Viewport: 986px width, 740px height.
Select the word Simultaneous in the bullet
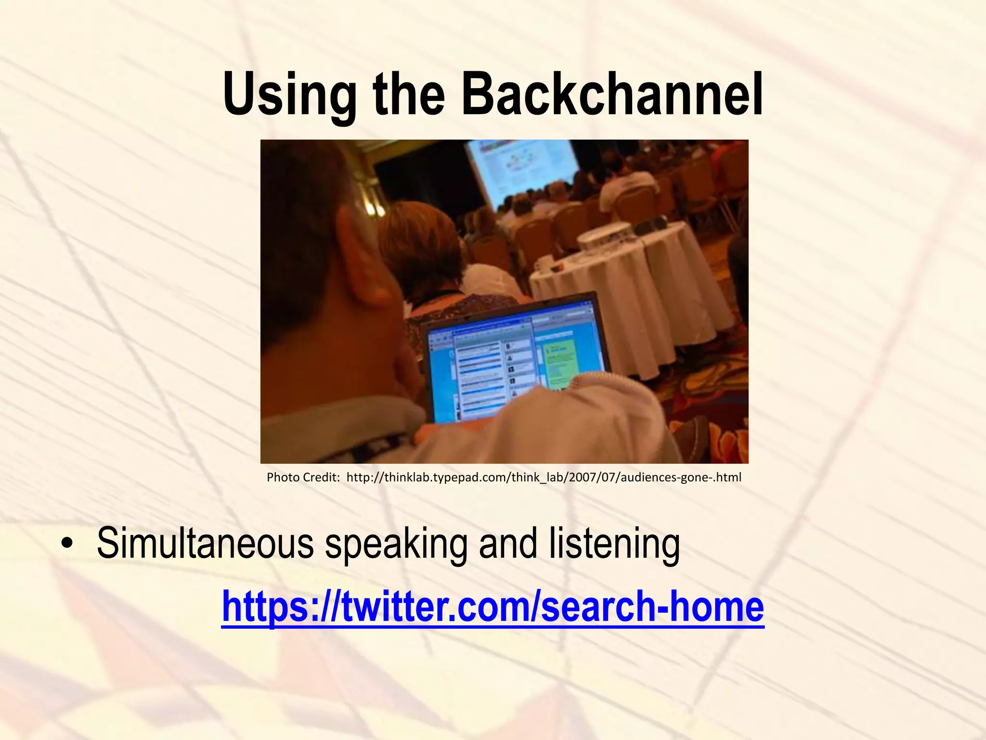pyautogui.click(x=205, y=543)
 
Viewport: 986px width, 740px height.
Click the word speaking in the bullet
pyautogui.click(x=396, y=543)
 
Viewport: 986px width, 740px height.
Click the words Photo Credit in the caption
pyautogui.click(x=303, y=477)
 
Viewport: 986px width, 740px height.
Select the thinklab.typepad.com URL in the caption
pyautogui.click(x=544, y=477)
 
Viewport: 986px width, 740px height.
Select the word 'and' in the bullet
pyautogui.click(x=507, y=543)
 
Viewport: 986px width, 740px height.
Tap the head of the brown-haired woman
pyautogui.click(x=419, y=241)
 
